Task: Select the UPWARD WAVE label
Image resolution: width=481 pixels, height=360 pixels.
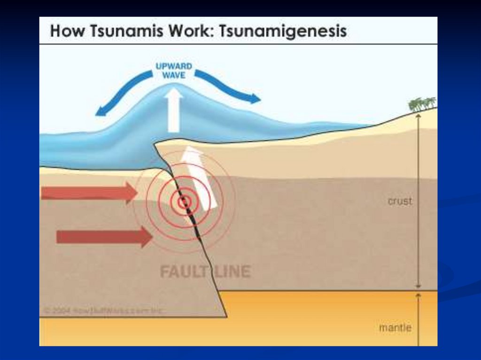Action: (x=173, y=70)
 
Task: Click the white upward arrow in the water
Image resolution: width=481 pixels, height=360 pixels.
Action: (x=174, y=110)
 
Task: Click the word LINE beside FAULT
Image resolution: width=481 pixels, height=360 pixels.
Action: (x=231, y=272)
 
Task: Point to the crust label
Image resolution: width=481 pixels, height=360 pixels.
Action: (x=400, y=201)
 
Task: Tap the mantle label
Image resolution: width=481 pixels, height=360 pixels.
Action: (x=395, y=328)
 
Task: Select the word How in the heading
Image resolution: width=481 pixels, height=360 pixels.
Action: (x=63, y=31)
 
